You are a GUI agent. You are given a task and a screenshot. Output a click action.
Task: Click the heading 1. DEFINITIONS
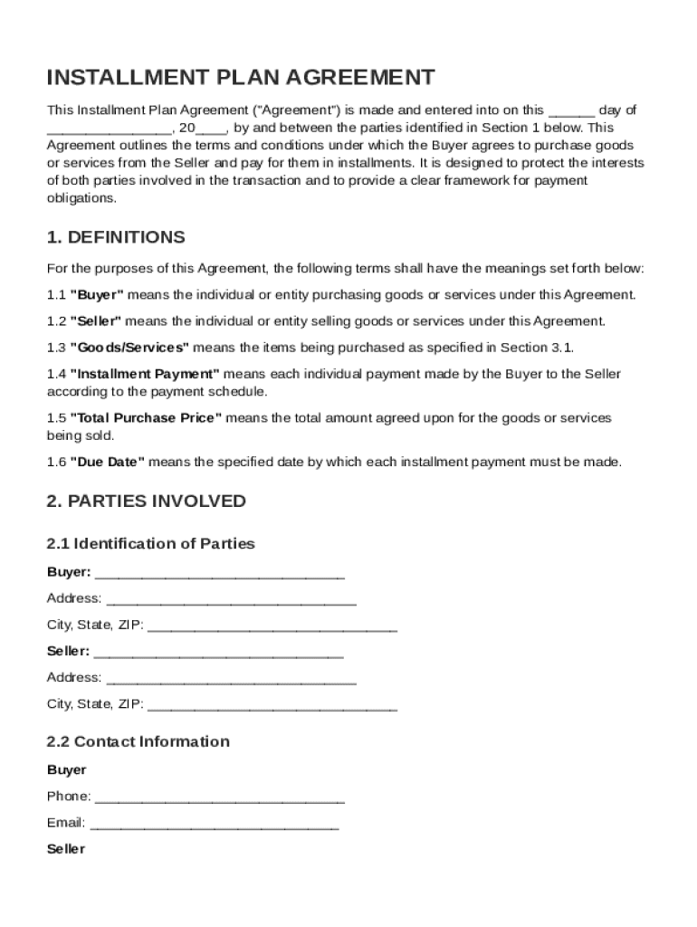pyautogui.click(x=116, y=237)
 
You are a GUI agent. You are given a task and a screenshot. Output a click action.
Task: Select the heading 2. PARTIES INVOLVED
pyautogui.click(x=146, y=501)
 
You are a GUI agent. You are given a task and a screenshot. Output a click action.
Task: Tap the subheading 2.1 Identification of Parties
pyautogui.click(x=150, y=544)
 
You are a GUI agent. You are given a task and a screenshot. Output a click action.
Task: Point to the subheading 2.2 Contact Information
pyautogui.click(x=138, y=741)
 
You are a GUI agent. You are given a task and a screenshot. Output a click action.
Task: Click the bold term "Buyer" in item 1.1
pyautogui.click(x=97, y=295)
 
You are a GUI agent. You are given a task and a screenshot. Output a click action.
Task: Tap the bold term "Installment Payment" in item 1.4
pyautogui.click(x=145, y=374)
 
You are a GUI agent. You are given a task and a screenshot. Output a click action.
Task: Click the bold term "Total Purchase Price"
pyautogui.click(x=146, y=418)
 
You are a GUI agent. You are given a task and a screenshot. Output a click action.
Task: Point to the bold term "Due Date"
pyautogui.click(x=107, y=463)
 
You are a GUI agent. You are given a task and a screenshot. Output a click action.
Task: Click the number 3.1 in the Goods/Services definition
pyautogui.click(x=561, y=348)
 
